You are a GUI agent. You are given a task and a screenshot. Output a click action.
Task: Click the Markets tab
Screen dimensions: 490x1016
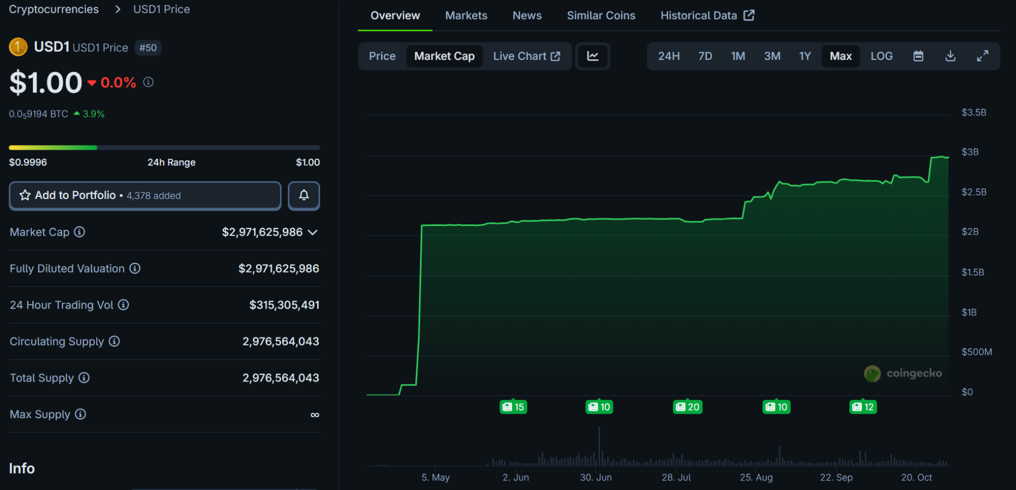pyautogui.click(x=466, y=15)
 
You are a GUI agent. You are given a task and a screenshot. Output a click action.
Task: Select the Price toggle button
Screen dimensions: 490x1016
pyautogui.click(x=382, y=56)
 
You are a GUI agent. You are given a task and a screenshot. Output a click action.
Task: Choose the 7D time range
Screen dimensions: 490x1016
pyautogui.click(x=705, y=56)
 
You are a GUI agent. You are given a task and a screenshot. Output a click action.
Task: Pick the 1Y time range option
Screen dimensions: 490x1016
pyautogui.click(x=804, y=56)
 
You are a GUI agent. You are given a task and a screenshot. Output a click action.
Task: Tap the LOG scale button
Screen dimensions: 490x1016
pyautogui.click(x=881, y=56)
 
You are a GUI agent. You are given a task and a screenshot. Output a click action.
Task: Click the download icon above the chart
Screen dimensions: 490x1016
pyautogui.click(x=950, y=56)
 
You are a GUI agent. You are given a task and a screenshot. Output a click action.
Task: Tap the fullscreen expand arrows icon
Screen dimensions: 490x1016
pyautogui.click(x=982, y=56)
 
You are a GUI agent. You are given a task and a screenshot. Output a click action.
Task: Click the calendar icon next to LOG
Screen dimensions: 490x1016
pyautogui.click(x=918, y=56)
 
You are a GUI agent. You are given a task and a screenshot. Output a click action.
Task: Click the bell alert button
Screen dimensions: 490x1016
pyautogui.click(x=304, y=196)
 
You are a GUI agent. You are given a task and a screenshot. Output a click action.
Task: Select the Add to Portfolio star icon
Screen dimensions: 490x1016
pyautogui.click(x=25, y=195)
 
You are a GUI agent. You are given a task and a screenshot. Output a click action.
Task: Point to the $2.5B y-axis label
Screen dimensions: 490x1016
pyautogui.click(x=974, y=192)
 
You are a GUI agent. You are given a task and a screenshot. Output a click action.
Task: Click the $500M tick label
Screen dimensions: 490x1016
pyautogui.click(x=976, y=352)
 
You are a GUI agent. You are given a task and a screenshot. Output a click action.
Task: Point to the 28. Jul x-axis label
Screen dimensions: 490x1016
pyautogui.click(x=676, y=477)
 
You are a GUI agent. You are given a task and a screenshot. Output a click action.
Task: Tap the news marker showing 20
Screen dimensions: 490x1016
pyautogui.click(x=687, y=407)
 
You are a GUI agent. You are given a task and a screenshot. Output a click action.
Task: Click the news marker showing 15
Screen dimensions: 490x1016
pyautogui.click(x=513, y=407)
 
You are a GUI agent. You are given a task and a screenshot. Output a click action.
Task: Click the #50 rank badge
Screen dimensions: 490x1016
pyautogui.click(x=148, y=48)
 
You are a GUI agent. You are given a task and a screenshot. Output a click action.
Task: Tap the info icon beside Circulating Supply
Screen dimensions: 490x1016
pyautogui.click(x=114, y=341)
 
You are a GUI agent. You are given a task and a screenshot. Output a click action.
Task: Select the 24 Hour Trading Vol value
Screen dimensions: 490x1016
pyautogui.click(x=284, y=305)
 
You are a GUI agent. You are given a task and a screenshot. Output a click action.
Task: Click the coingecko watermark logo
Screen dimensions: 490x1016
pyautogui.click(x=872, y=374)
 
